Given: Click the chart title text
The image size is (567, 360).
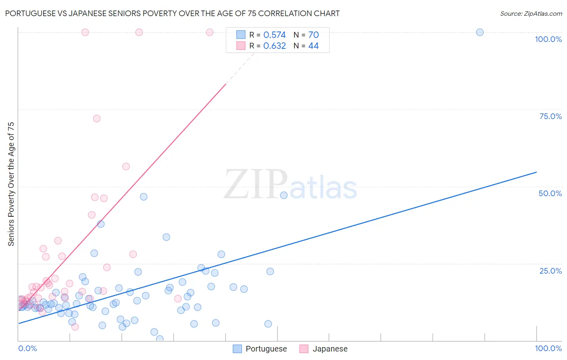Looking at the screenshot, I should coord(172,13).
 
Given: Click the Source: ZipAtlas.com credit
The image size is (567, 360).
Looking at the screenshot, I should coord(531,13).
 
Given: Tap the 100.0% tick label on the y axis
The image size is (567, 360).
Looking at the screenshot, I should coord(548,39).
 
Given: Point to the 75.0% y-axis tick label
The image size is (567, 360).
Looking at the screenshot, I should coord(550,116).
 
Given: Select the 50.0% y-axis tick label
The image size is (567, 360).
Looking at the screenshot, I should coord(550,193).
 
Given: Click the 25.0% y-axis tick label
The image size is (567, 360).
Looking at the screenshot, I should coord(550,271).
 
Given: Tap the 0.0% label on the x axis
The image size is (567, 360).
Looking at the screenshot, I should coord(27,348).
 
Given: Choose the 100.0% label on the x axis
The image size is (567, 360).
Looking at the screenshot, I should coord(548,348).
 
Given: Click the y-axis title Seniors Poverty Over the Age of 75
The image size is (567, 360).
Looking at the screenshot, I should coord(11,184).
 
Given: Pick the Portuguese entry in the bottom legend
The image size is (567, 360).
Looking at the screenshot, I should coord(266,349).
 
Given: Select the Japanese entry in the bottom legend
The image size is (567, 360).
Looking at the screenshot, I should coord(329,349).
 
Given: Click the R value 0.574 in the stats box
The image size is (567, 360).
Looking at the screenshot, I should coord(274,35).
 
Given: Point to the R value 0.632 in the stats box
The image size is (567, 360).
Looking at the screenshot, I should coord(274,46).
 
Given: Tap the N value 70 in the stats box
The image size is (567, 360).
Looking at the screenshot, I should coord(313,35).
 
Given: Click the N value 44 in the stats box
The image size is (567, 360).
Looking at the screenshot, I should coord(313,46).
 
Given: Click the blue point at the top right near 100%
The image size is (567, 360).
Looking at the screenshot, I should coord(479,32).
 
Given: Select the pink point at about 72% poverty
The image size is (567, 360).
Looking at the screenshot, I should coord(96,119).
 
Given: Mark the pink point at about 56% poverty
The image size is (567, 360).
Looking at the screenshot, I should coord(126,167).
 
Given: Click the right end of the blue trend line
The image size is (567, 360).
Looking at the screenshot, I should coord(536,172).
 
